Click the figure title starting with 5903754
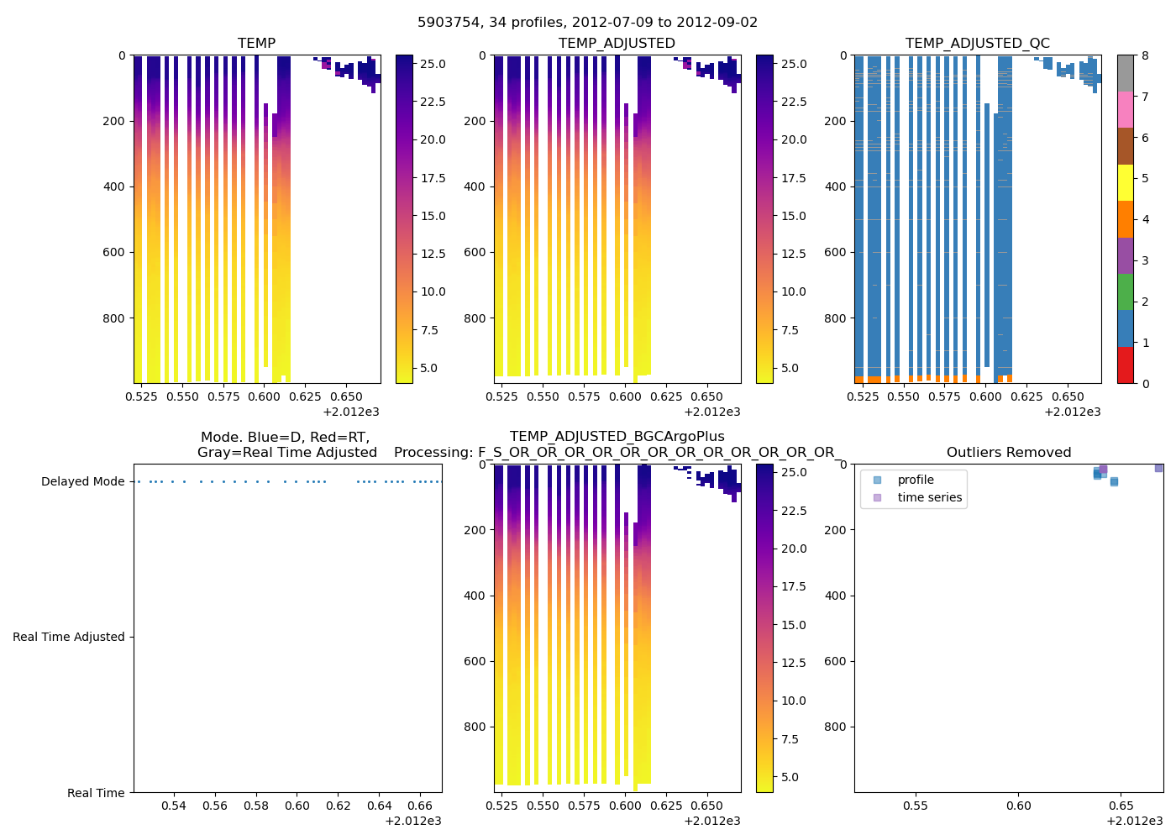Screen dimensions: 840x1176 [x=587, y=23]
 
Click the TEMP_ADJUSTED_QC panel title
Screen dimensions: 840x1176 [x=977, y=44]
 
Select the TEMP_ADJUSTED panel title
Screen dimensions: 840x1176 [x=617, y=44]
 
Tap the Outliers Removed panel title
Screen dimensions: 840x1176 [x=1008, y=453]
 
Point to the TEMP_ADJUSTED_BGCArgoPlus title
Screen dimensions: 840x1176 [x=617, y=437]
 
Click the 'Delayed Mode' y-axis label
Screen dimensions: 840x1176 [x=82, y=482]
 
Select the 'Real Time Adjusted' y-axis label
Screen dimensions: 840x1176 [x=68, y=638]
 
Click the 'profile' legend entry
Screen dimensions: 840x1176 [x=915, y=480]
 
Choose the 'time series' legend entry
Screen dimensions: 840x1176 [x=929, y=497]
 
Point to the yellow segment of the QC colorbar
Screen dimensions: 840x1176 [x=1125, y=182]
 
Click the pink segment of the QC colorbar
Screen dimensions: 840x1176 [x=1125, y=109]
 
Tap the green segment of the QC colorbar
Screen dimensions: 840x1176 [x=1125, y=291]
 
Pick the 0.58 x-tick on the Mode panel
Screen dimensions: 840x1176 [x=256, y=806]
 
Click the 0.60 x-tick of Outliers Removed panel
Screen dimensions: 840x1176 [x=1018, y=806]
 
